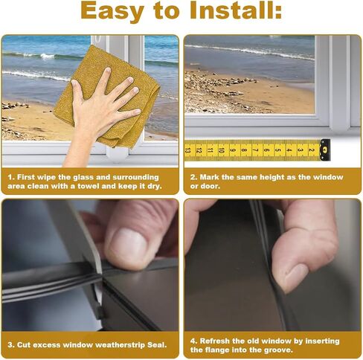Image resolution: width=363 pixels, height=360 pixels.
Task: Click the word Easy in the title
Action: [112, 11]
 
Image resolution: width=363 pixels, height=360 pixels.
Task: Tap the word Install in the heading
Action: [232, 10]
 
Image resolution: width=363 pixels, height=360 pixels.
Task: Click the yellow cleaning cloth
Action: [107, 96]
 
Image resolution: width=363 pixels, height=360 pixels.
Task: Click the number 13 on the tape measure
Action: [188, 150]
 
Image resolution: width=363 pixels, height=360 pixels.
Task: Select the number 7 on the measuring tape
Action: [255, 150]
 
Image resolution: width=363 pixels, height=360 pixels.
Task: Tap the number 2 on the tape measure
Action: [311, 150]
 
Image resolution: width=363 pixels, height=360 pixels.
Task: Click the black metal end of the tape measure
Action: [325, 150]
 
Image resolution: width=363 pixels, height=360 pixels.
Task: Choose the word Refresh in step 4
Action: [215, 341]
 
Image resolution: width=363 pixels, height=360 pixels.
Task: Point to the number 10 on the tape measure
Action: [222, 150]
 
